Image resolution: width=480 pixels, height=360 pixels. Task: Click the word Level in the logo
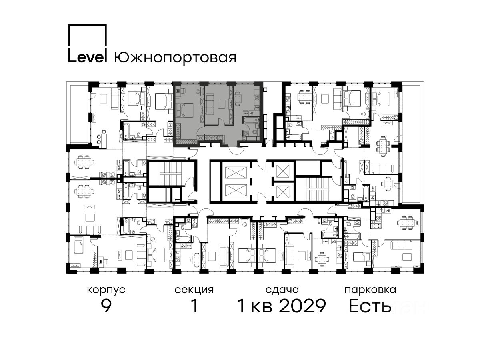coord(87,57)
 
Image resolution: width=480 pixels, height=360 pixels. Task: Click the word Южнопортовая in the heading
coord(175,58)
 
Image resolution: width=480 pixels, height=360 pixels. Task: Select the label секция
coord(194,290)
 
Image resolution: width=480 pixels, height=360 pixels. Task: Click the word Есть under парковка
coord(370,306)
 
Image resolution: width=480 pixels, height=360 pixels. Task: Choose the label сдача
coord(282,290)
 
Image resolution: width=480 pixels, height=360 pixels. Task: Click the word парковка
coord(370,290)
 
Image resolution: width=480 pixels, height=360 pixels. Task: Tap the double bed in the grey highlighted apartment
coord(185,110)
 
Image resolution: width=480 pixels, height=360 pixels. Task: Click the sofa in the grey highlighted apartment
coord(210,104)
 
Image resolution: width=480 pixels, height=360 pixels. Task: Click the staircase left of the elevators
coord(170,174)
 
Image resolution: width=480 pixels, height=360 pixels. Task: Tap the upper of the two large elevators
coord(236,173)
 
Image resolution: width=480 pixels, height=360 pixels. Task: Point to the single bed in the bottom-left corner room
coord(78,245)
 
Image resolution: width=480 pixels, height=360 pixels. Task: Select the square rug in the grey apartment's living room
coord(222,104)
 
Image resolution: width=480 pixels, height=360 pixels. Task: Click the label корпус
coord(106,290)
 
